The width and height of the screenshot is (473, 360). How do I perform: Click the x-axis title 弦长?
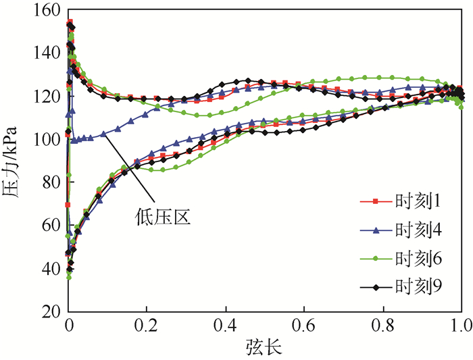pos(265,348)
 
